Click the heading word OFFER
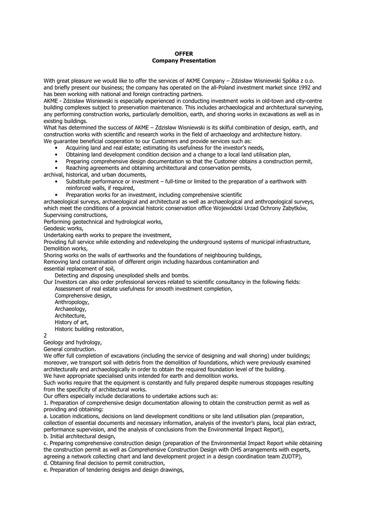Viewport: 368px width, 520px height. coord(183,53)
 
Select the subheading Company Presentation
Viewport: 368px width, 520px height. coord(183,60)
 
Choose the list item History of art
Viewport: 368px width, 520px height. coord(72,322)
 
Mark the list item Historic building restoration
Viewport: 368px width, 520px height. coord(89,329)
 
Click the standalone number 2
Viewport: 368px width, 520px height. coord(45,336)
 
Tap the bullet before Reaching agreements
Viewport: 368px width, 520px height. coord(55,168)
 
